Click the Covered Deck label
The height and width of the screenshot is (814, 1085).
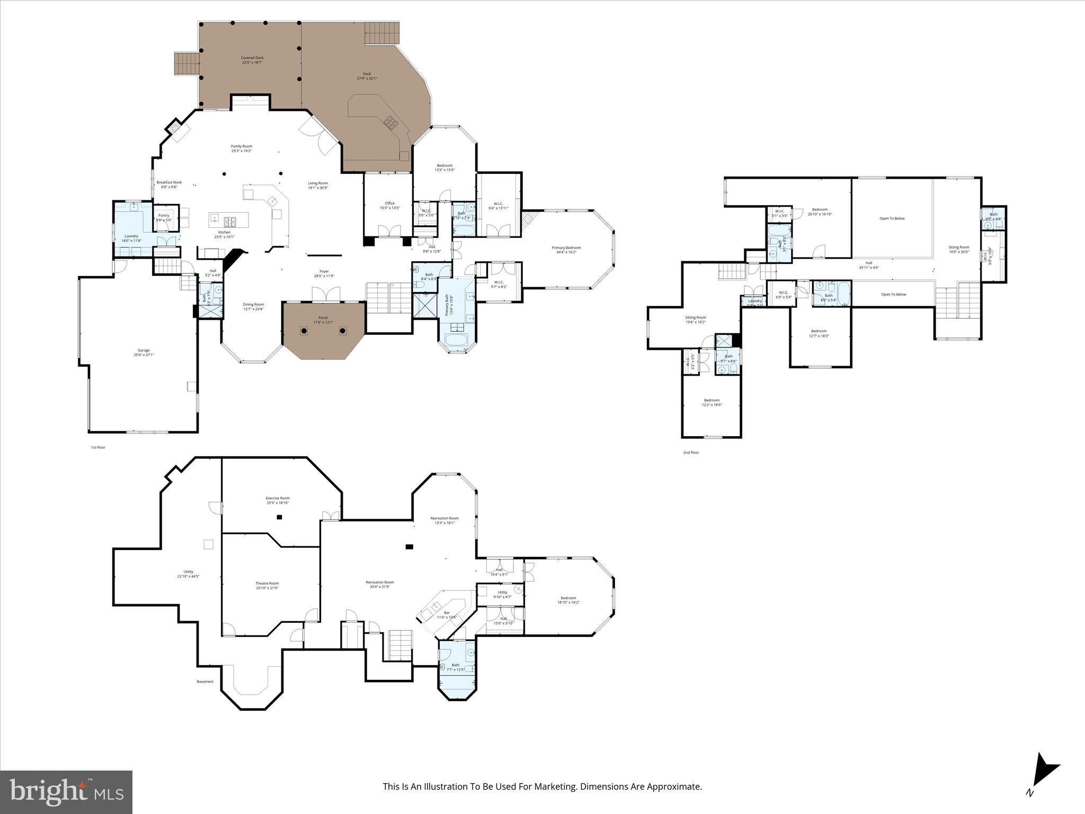252,60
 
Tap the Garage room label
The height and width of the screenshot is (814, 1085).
144,352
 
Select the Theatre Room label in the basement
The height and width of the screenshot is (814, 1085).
267,585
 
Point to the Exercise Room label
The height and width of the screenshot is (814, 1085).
278,500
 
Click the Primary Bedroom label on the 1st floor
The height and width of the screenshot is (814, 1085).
566,250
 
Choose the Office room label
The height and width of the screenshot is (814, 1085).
389,205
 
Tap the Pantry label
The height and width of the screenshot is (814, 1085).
164,217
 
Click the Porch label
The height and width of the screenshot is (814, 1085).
323,320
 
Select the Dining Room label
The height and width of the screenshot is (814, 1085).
253,306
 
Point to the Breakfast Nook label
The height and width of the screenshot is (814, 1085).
169,184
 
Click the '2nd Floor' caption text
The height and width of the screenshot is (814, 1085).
691,453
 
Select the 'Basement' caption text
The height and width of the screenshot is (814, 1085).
205,682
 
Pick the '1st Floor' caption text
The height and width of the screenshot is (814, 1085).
98,447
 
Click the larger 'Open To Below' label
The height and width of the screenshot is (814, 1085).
892,218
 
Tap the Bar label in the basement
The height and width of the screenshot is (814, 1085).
447,615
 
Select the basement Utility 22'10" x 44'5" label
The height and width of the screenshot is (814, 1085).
188,574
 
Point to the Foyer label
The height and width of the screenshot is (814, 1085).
324,273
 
